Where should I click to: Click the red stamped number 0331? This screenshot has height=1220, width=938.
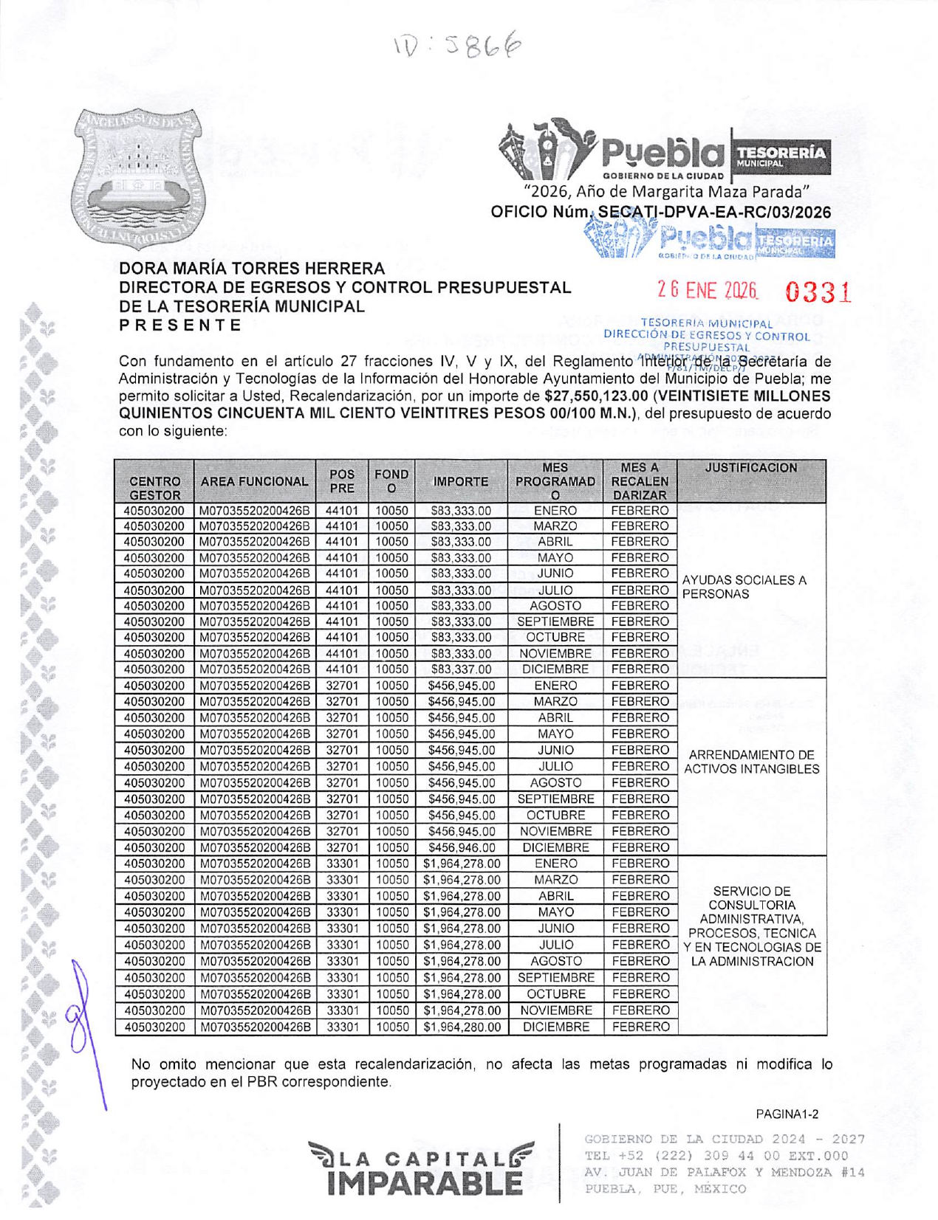818,293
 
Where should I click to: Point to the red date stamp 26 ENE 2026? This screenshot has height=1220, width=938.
708,291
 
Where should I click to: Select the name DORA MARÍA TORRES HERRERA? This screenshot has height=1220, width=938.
252,269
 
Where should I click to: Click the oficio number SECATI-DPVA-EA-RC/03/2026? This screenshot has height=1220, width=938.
713,213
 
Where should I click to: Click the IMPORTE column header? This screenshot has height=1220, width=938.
460,482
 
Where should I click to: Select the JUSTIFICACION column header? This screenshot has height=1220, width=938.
751,468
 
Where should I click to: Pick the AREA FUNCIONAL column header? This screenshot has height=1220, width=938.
254,482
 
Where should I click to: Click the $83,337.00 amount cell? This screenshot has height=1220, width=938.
460,669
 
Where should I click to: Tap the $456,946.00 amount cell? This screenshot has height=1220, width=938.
460,848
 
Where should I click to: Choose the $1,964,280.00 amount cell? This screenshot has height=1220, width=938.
461,1027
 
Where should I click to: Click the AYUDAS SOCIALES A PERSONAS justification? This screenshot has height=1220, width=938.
744,587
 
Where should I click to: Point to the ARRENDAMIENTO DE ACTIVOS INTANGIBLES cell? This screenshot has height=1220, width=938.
751,762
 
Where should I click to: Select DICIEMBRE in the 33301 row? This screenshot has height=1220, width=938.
555,1027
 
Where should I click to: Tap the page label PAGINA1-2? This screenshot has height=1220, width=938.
787,1114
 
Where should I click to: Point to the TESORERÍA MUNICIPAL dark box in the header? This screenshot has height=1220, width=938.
781,156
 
